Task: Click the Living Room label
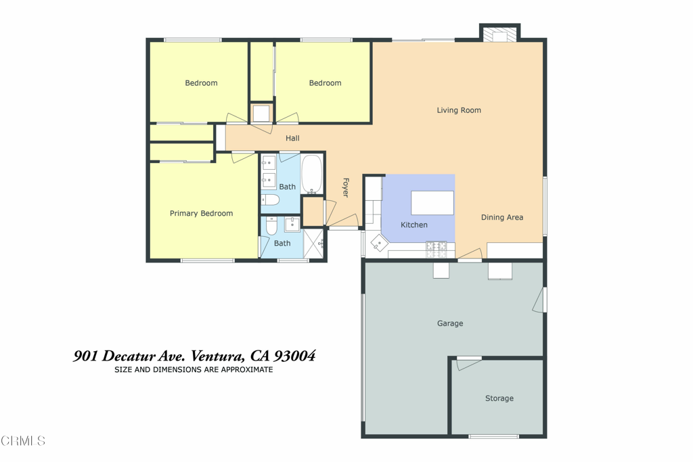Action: (459, 110)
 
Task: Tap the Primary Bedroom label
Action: (201, 213)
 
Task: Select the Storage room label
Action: (499, 398)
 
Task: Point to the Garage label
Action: (450, 323)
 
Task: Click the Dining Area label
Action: (502, 217)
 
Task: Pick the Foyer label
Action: (346, 188)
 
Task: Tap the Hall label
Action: (292, 138)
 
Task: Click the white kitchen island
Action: (432, 203)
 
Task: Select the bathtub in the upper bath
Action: (311, 175)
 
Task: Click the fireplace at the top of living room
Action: (500, 34)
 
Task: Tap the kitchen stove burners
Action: (437, 250)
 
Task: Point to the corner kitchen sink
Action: (379, 243)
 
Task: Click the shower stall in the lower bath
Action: (314, 244)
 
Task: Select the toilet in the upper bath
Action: (270, 200)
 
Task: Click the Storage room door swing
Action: (468, 363)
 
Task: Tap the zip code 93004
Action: (295, 356)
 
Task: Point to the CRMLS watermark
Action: (23, 440)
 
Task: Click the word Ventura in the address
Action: (217, 356)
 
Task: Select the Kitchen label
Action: (413, 225)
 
